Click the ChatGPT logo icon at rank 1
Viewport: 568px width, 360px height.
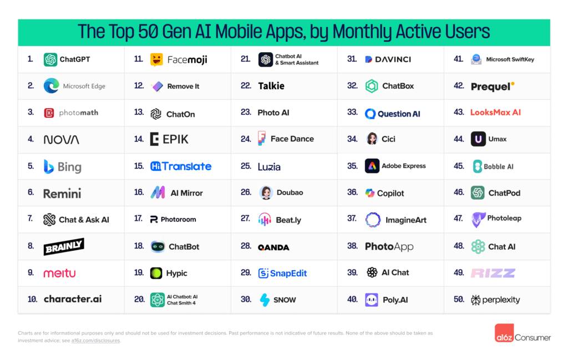pos(50,59)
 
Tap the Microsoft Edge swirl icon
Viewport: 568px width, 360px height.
pos(51,86)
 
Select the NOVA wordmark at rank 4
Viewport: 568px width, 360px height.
pos(61,140)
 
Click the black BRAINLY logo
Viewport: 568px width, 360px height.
pos(64,246)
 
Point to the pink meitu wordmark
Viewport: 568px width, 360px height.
pos(59,273)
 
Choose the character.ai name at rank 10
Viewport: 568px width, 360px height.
pos(73,299)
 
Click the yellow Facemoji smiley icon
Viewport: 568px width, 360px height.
pos(156,59)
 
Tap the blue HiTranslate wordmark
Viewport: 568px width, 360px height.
pos(181,166)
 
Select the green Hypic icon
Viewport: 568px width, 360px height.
pos(156,273)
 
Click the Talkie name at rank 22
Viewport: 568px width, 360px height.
pos(271,86)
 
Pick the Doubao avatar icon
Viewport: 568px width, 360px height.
pos(266,192)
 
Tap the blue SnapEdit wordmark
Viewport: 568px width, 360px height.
pos(282,273)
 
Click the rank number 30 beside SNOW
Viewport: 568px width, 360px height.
pos(246,299)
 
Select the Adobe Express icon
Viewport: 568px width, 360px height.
pos(372,166)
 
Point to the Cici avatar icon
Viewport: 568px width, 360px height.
pos(372,139)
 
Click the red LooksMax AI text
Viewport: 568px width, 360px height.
pos(495,112)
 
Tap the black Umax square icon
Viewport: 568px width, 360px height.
pos(478,139)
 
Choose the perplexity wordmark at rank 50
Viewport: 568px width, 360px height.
pos(495,300)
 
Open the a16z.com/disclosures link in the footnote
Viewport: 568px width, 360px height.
pos(95,341)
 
